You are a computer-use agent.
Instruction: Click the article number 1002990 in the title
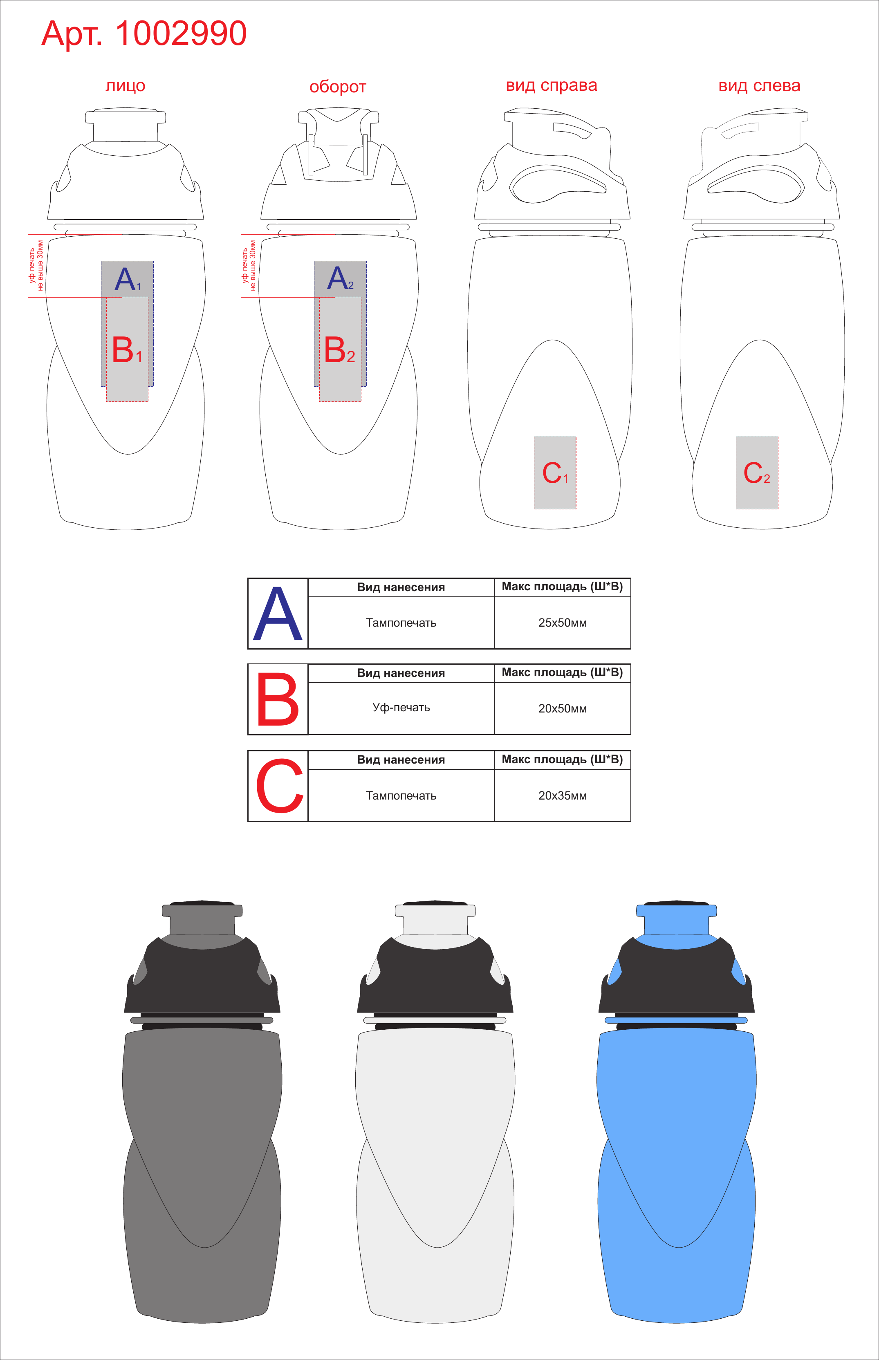pyautogui.click(x=181, y=33)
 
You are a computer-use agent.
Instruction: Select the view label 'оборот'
pyautogui.click(x=338, y=87)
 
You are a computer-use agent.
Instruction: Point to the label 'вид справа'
pyautogui.click(x=552, y=85)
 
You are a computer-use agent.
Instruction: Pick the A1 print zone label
pyautogui.click(x=127, y=279)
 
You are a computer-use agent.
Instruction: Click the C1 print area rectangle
pyautogui.click(x=555, y=472)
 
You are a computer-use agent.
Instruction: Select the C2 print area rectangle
pyautogui.click(x=757, y=472)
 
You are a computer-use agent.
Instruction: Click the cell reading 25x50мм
pyautogui.click(x=562, y=623)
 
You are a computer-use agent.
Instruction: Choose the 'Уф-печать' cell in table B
pyautogui.click(x=401, y=708)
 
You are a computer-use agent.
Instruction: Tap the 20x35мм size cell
pyautogui.click(x=562, y=795)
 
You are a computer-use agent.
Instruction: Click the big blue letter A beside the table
pyautogui.click(x=278, y=614)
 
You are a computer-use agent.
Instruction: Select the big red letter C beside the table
pyautogui.click(x=279, y=786)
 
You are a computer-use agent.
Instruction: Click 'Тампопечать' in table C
pyautogui.click(x=401, y=795)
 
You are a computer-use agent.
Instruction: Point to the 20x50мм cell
pyautogui.click(x=562, y=709)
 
